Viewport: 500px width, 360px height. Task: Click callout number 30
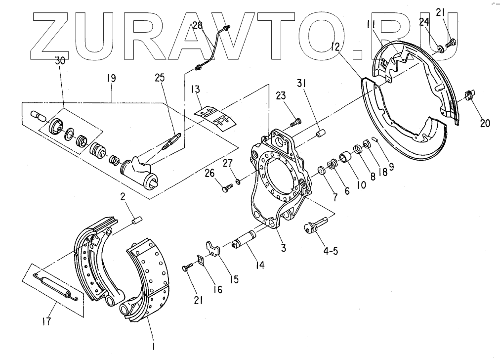60,61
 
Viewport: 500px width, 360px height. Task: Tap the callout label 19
111,78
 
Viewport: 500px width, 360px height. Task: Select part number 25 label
161,78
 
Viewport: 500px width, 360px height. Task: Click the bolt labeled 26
227,187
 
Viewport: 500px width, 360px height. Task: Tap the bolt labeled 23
295,121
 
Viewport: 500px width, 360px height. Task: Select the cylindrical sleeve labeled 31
320,134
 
